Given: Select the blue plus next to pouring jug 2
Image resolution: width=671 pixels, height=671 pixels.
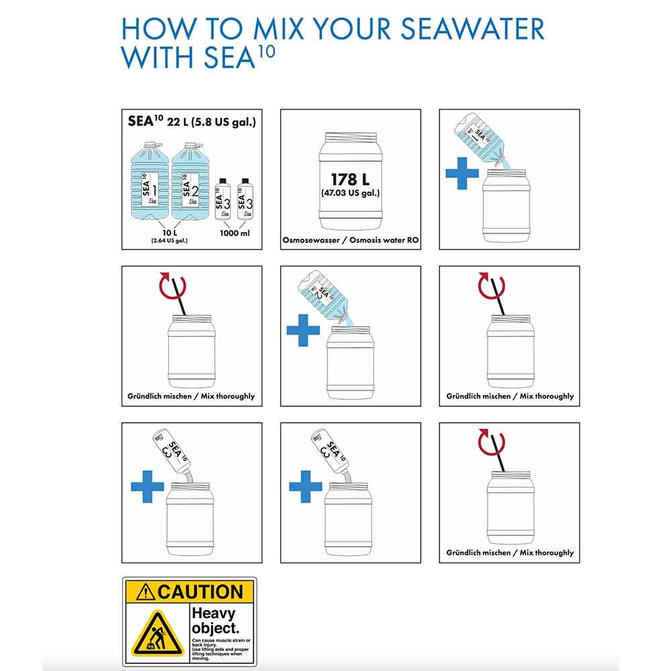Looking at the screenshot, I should coord(303,330).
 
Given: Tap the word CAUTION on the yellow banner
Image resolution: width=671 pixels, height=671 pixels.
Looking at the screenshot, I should coord(199,592).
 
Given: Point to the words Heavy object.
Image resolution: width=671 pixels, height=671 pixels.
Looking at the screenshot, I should coord(214,620).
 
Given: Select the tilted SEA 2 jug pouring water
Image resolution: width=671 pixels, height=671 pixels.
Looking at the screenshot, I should coord(322,294).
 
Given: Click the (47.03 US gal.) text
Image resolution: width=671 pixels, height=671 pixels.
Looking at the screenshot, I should coord(350,193).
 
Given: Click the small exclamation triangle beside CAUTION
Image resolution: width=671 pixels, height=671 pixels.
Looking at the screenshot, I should coord(145,592).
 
